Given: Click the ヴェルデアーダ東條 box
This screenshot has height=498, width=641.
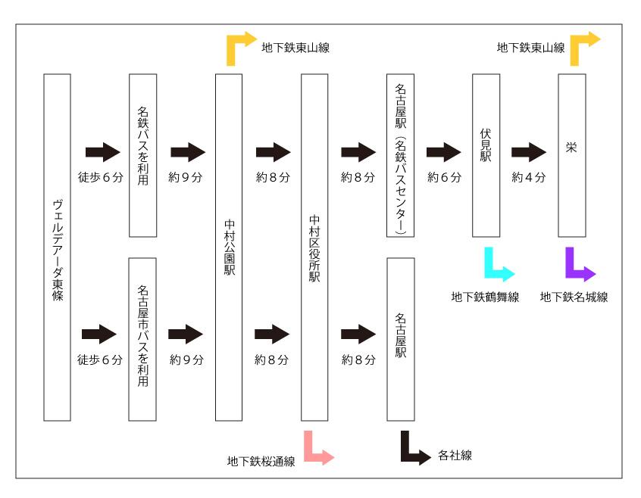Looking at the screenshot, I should (x=57, y=247).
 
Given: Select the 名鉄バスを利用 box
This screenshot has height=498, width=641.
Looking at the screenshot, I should (x=142, y=154).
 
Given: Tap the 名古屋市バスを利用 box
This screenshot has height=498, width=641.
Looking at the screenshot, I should (x=142, y=338).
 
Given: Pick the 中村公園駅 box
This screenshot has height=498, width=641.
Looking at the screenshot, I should (x=229, y=247).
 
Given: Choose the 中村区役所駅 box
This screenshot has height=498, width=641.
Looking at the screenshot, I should (x=314, y=247).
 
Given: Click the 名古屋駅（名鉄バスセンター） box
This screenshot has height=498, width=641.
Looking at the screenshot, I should (x=400, y=154).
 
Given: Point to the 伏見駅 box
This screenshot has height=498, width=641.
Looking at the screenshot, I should (x=486, y=154).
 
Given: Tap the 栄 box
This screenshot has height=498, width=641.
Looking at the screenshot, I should (x=571, y=154).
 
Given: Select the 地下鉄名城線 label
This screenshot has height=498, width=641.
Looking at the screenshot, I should (x=574, y=297).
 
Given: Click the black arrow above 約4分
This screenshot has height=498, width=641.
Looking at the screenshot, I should (x=529, y=153).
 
